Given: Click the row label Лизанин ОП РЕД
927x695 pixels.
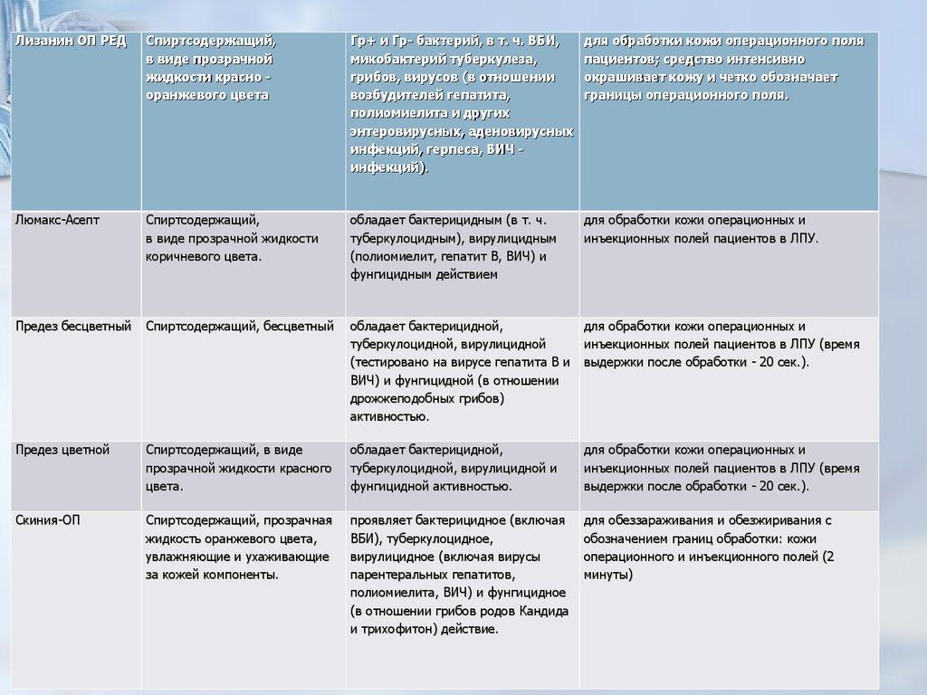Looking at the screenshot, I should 71,42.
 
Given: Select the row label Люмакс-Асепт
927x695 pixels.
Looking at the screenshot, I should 58,220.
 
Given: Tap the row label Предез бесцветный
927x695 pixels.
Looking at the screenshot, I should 73,326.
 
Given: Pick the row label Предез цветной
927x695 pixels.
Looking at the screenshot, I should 62,450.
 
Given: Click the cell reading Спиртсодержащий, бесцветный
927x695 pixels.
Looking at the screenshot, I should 240,326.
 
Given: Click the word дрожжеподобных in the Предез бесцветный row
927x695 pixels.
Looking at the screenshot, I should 400,398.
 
